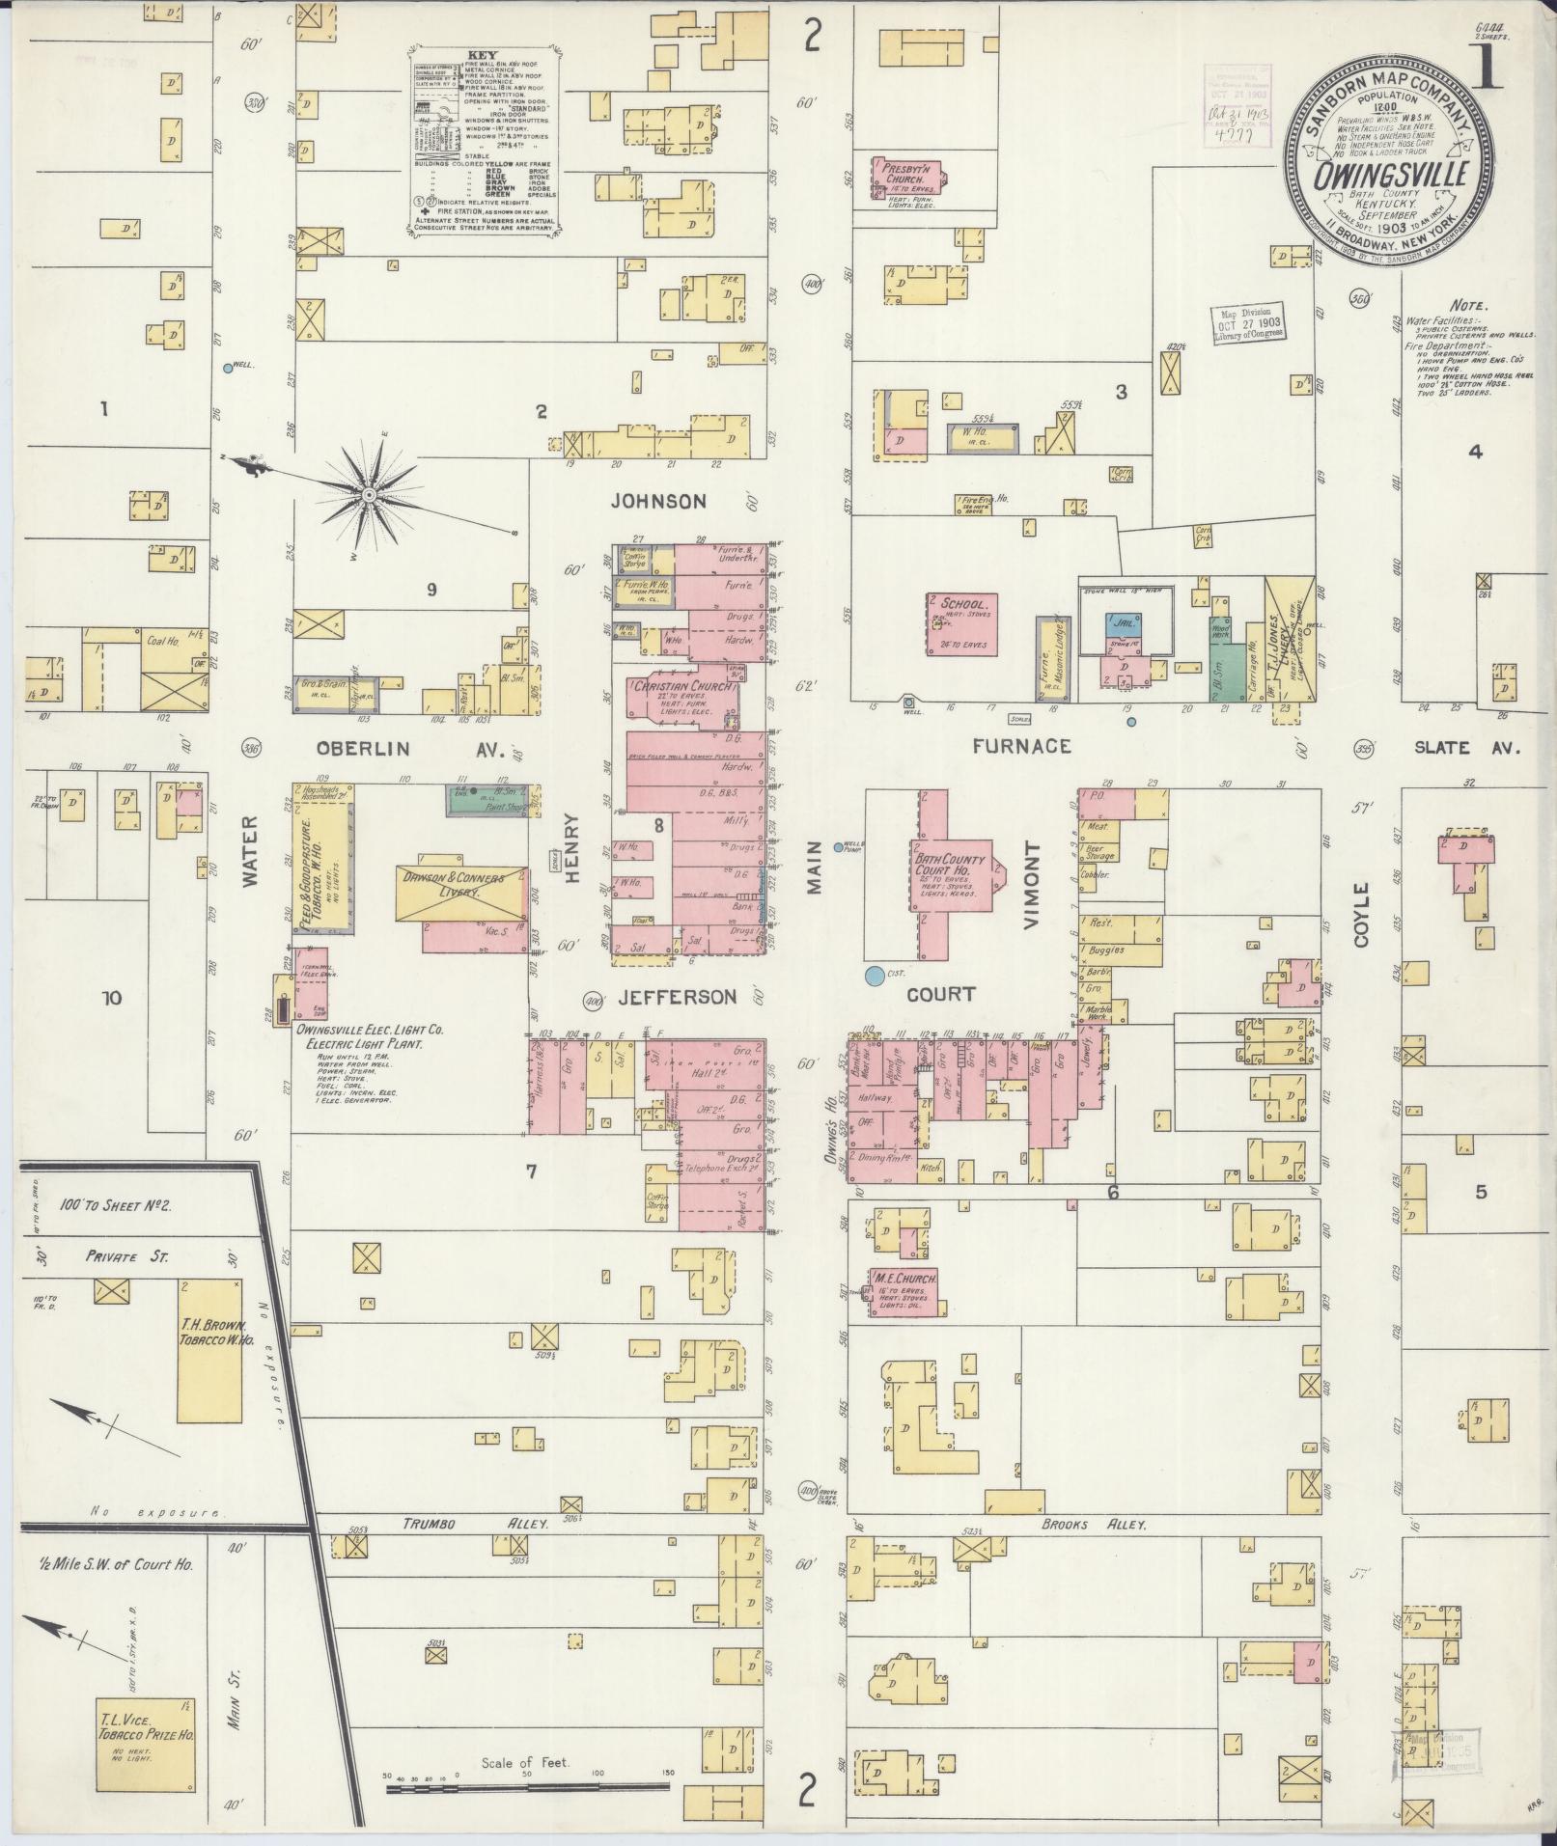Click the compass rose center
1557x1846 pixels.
coord(369,494)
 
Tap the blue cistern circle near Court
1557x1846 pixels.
coord(875,976)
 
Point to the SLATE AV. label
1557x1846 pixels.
coord(1468,748)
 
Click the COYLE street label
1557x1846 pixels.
coord(1361,914)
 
